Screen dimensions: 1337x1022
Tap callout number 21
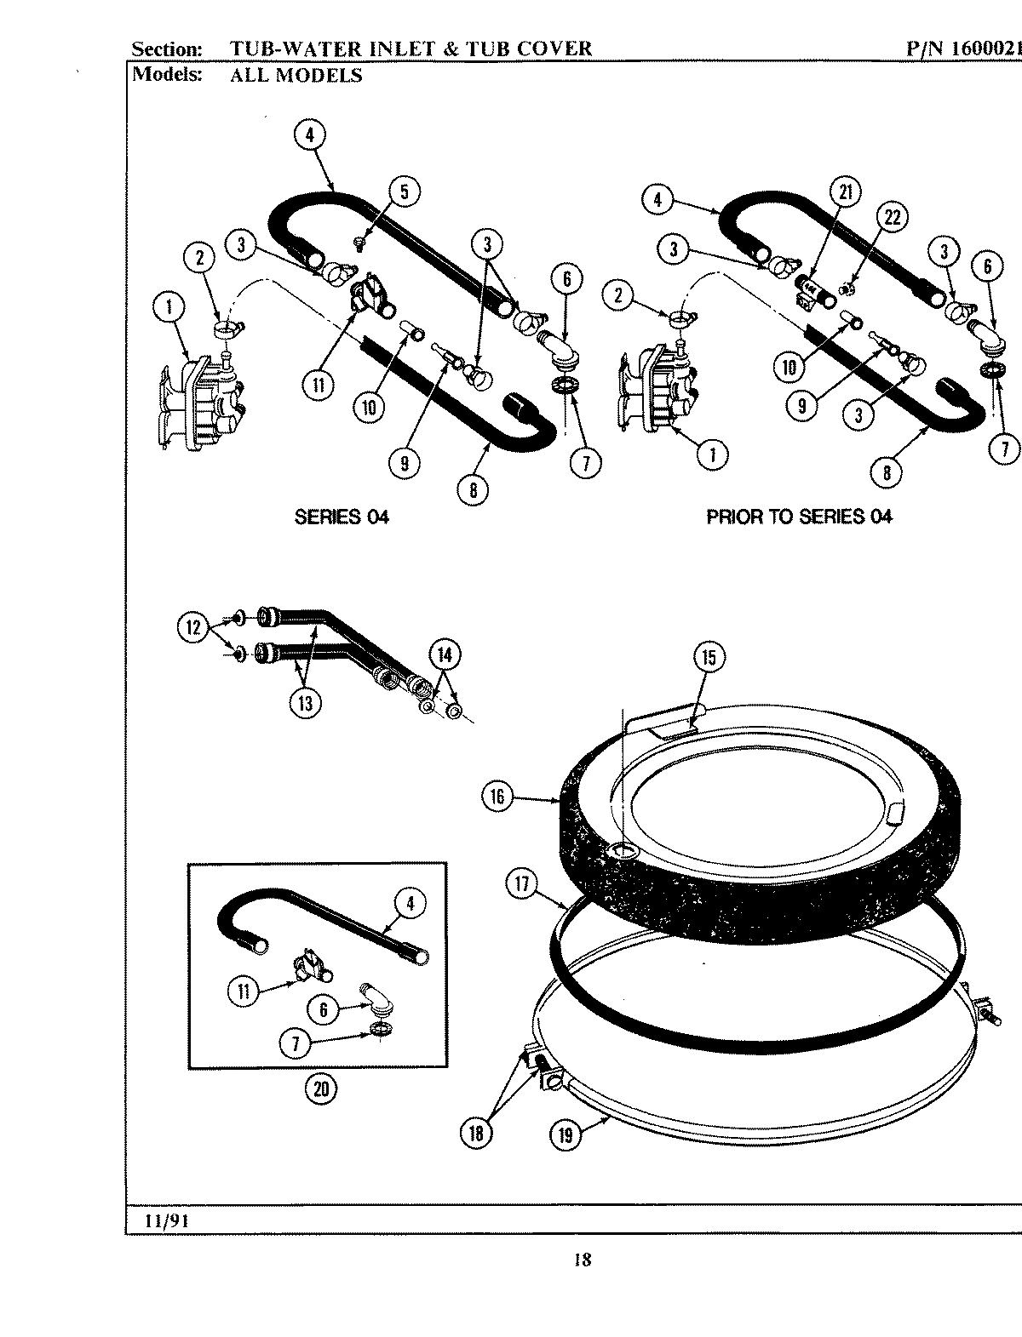click(x=845, y=193)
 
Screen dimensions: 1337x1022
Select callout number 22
click(x=892, y=219)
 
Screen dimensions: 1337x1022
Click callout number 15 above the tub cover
click(x=709, y=657)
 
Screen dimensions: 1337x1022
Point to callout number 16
click(x=497, y=797)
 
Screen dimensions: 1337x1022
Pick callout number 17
click(x=521, y=884)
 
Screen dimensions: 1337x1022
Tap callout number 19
click(x=566, y=1134)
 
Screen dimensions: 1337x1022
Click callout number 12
click(x=193, y=628)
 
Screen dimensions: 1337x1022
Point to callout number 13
click(x=305, y=702)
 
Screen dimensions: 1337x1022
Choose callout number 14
click(x=444, y=654)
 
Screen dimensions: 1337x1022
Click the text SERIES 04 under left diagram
click(x=342, y=517)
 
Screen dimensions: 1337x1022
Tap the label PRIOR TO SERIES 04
click(x=799, y=517)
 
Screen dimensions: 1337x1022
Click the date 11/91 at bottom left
click(x=166, y=1220)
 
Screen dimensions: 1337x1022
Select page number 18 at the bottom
click(x=582, y=1260)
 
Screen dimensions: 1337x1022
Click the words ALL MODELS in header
click(x=296, y=75)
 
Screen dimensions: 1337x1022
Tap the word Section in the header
click(x=167, y=49)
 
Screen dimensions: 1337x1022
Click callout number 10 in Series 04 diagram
click(x=368, y=407)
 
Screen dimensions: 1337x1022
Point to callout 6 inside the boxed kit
click(x=324, y=1010)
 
